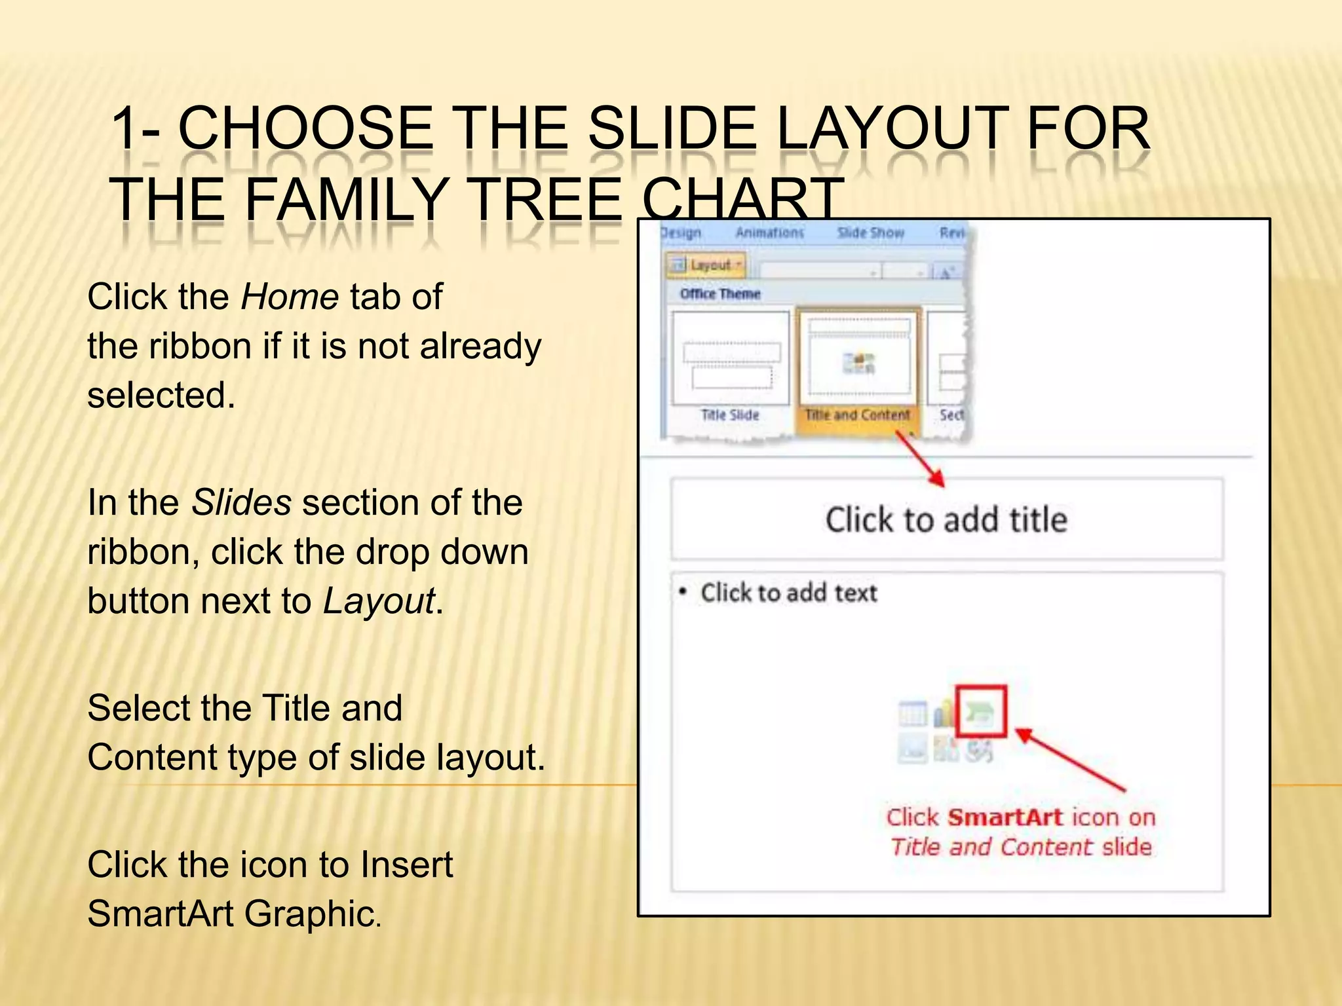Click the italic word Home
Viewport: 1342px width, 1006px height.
click(x=289, y=297)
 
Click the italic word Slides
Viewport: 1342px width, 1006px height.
click(x=241, y=503)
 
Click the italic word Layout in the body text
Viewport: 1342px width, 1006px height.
click(x=379, y=601)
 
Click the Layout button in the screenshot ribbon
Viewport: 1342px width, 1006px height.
click(x=706, y=265)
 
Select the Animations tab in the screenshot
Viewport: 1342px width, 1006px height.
click(x=769, y=233)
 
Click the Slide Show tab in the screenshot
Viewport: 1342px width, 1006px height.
click(x=870, y=233)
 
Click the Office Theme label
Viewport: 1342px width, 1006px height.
click(x=719, y=294)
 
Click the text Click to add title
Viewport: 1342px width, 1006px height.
click(x=946, y=520)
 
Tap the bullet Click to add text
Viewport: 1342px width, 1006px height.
click(x=788, y=593)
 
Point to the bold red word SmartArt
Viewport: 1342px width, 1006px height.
click(x=1005, y=817)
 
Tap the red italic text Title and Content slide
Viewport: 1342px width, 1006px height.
click(x=1020, y=847)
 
